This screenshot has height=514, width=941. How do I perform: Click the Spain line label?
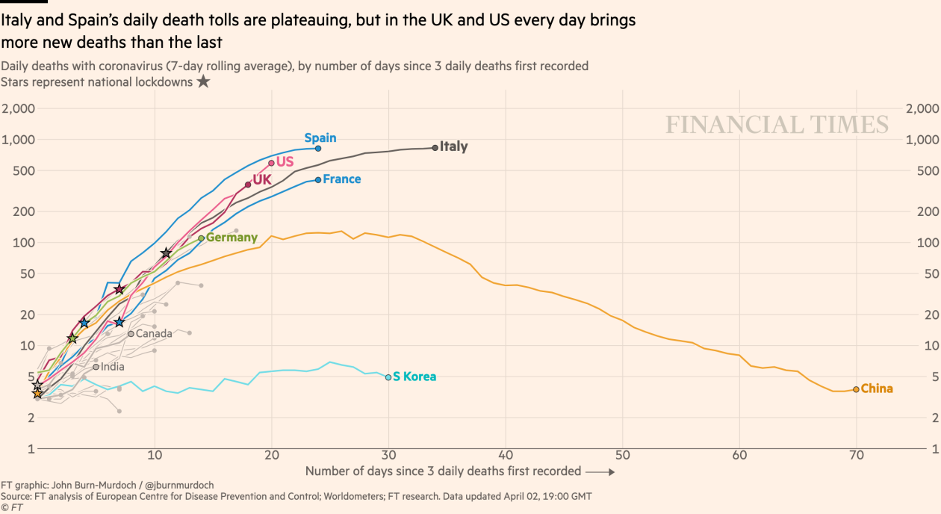click(320, 138)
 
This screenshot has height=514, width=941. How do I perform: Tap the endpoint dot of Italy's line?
click(435, 148)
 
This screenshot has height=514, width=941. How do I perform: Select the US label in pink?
click(285, 161)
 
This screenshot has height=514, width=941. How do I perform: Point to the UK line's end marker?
click(248, 185)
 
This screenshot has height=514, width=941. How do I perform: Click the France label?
click(342, 179)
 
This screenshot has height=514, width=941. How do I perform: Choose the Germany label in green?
click(232, 238)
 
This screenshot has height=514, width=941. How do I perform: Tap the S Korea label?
click(414, 377)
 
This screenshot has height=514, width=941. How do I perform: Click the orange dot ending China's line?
click(856, 389)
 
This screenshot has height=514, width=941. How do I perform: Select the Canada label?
click(154, 333)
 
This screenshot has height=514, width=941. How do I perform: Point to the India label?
click(113, 367)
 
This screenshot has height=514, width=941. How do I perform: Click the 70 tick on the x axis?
click(856, 456)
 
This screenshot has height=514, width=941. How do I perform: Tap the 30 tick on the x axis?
click(388, 456)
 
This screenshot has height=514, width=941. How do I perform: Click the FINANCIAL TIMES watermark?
click(777, 125)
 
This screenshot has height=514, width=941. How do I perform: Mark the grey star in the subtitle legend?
click(203, 81)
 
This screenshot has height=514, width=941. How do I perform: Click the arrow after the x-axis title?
click(600, 472)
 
